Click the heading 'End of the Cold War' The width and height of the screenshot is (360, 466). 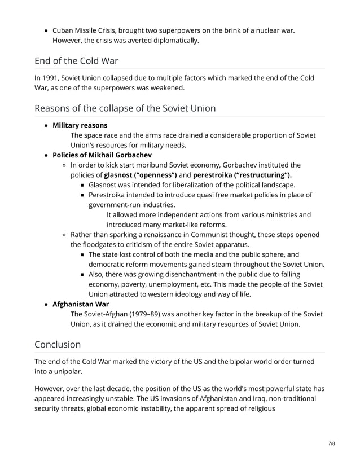[x=76, y=61]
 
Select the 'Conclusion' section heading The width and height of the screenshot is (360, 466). [x=58, y=344]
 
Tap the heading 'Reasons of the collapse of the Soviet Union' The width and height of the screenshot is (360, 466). [x=125, y=108]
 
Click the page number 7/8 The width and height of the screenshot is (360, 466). [x=331, y=443]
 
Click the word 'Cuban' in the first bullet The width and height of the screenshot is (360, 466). [x=65, y=30]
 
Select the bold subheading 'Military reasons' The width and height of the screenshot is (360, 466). [x=80, y=125]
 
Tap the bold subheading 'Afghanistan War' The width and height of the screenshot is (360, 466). [x=81, y=304]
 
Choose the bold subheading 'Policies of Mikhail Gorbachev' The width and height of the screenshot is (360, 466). [x=102, y=155]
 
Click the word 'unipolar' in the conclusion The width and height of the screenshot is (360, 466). [x=72, y=371]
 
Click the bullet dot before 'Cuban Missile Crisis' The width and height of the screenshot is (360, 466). [x=45, y=30]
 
